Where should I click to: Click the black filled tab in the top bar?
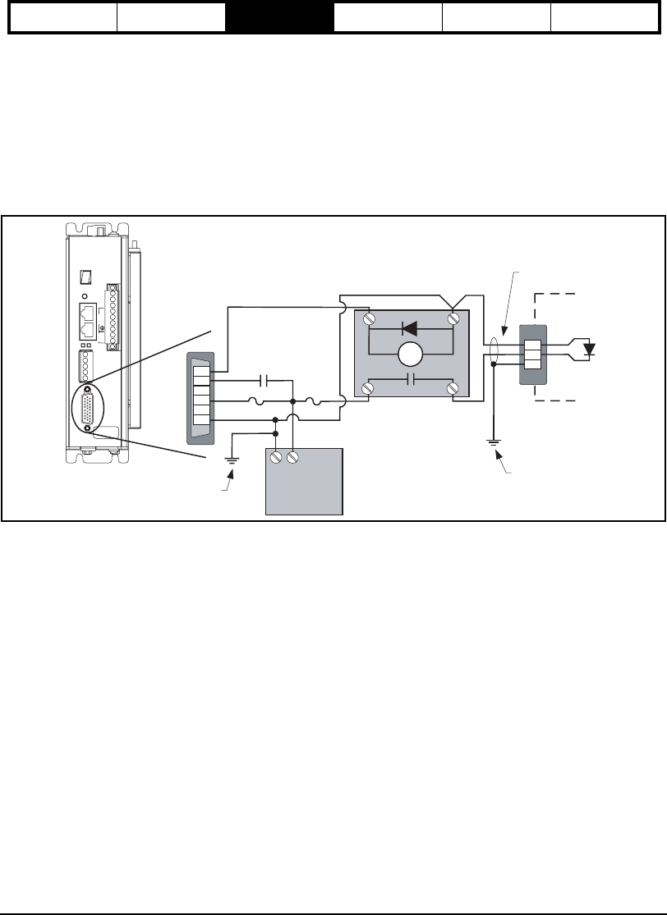(279, 16)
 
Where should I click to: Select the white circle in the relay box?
(410, 355)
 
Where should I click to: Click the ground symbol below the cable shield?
(493, 444)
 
